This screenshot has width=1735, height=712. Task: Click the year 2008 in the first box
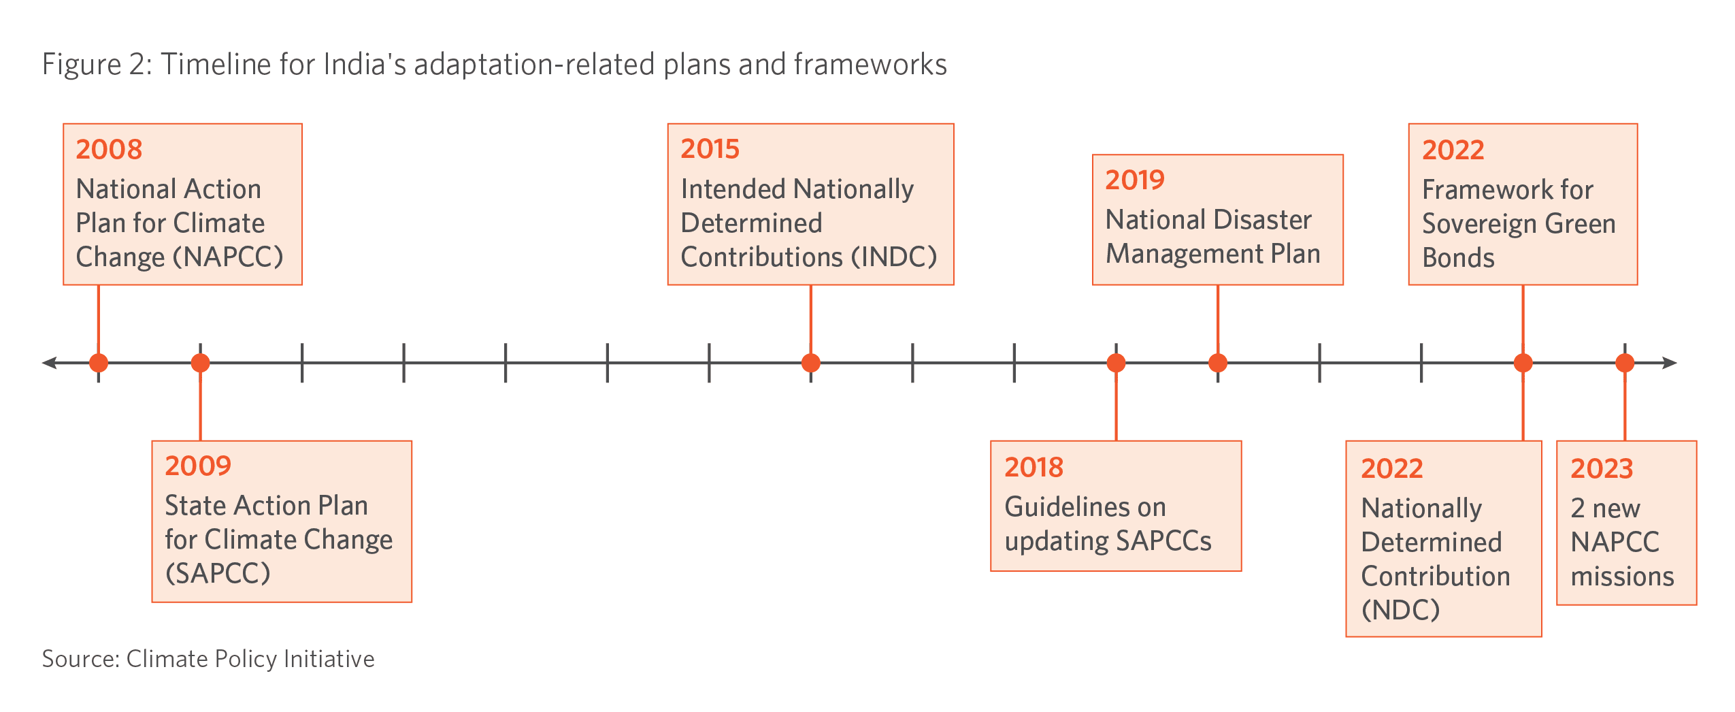109,149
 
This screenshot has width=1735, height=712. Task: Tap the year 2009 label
198,466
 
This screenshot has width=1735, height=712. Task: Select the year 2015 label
710,148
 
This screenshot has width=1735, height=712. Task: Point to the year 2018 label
1034,467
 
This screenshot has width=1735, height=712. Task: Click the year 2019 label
1135,180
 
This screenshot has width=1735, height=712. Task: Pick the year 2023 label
1602,468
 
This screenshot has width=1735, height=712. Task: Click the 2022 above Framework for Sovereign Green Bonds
1453,150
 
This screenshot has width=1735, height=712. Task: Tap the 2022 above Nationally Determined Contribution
1392,468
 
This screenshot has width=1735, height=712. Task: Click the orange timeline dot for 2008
99,363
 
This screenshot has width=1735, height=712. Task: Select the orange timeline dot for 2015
810,363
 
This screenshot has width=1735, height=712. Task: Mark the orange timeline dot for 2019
1218,363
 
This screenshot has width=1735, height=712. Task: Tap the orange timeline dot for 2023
1625,363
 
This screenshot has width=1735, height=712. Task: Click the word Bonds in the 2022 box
1458,258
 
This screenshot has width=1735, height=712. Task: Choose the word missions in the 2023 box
1622,577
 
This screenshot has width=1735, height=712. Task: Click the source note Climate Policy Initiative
250,659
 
